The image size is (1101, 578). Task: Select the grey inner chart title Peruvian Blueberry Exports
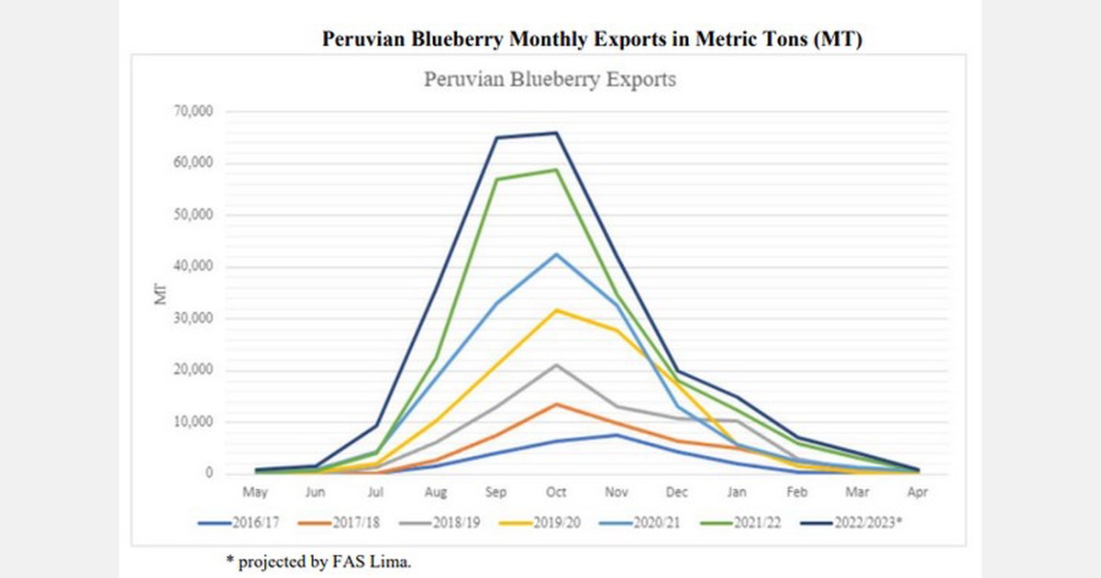[550, 80]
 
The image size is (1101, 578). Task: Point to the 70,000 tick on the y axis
[194, 111]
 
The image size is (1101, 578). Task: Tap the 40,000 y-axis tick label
[194, 267]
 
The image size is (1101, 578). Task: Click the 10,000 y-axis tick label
[194, 422]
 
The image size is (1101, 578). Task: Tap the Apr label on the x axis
[917, 493]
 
